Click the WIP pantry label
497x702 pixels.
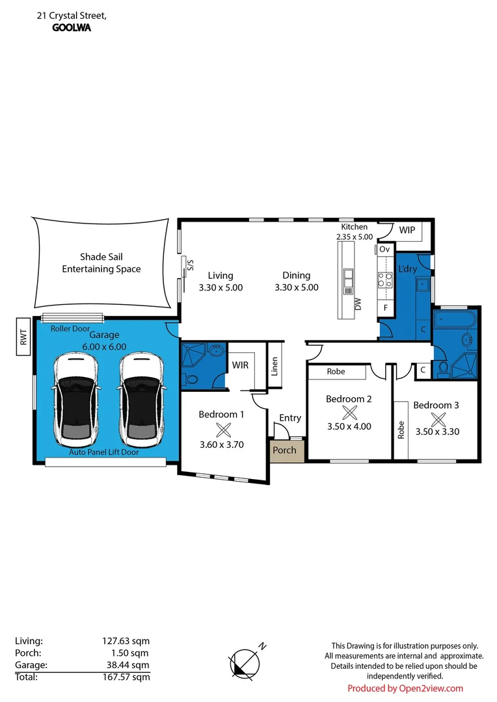click(407, 230)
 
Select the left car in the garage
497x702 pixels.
click(77, 396)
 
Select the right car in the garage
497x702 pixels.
click(140, 396)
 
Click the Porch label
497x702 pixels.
click(284, 450)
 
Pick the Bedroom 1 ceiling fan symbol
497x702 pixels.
click(223, 428)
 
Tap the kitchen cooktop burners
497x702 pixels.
click(385, 280)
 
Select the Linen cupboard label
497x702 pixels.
click(275, 367)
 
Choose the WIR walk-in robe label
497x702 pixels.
click(241, 365)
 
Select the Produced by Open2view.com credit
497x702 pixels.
click(405, 688)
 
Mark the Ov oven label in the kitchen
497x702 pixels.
click(384, 249)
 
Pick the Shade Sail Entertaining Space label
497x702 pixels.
click(101, 263)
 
